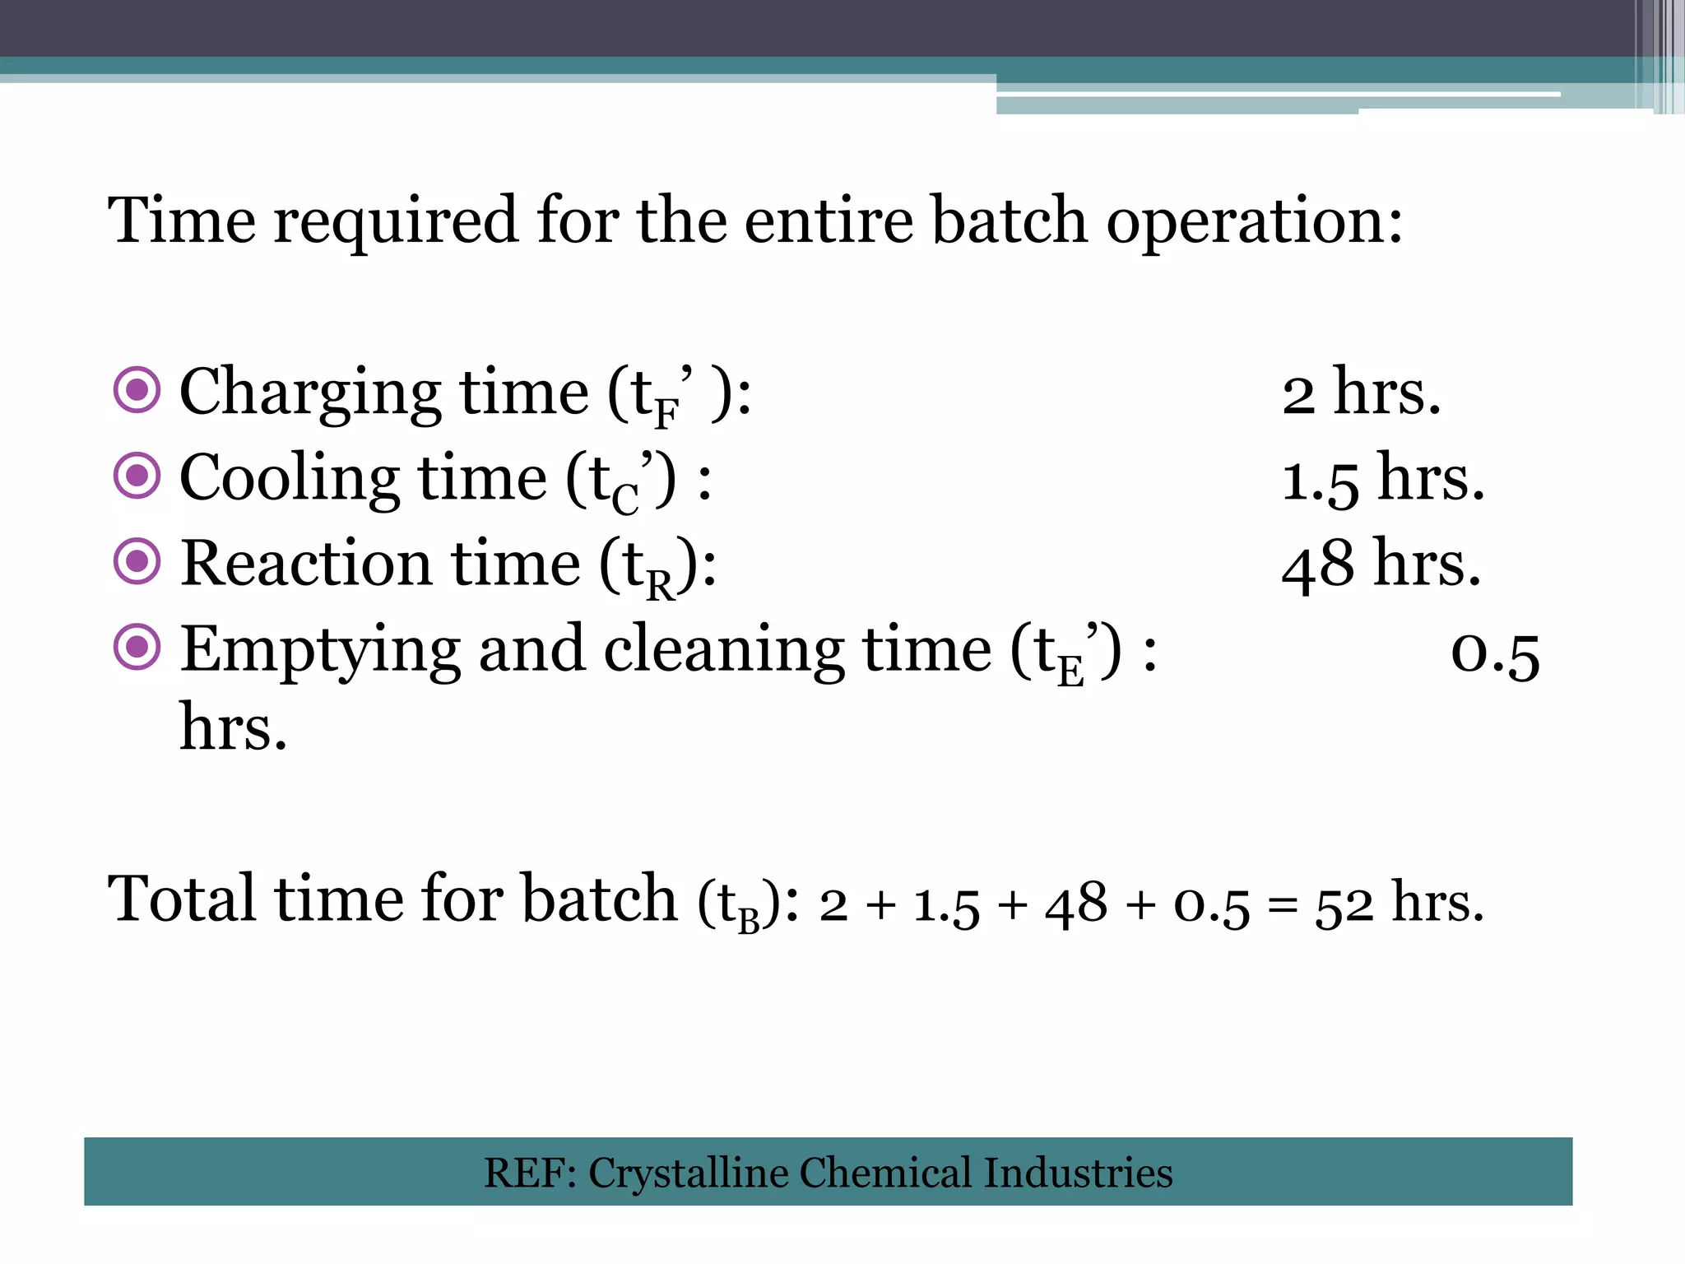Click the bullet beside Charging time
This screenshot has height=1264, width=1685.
137,389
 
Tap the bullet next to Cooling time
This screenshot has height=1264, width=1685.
137,476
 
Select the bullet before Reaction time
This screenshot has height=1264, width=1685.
137,561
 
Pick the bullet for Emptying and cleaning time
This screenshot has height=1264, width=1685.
137,648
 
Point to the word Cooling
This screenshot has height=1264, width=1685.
290,479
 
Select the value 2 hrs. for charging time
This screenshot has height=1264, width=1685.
1361,393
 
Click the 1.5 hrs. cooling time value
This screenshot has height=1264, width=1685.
1383,479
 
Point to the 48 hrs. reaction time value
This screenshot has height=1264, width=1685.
1381,565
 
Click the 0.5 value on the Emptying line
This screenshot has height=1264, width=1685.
1494,655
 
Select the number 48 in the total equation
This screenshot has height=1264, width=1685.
1076,904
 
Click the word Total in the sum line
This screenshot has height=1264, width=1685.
182,899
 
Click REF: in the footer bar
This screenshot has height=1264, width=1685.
531,1173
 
